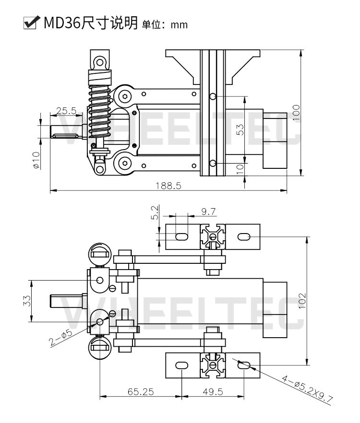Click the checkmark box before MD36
click(30, 22)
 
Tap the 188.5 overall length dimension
click(168, 186)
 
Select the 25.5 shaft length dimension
click(66, 111)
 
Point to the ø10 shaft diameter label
click(36, 160)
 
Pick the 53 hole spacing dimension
click(240, 129)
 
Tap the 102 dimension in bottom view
click(302, 301)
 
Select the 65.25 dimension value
click(141, 392)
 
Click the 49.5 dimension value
click(213, 392)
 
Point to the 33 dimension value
click(27, 301)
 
